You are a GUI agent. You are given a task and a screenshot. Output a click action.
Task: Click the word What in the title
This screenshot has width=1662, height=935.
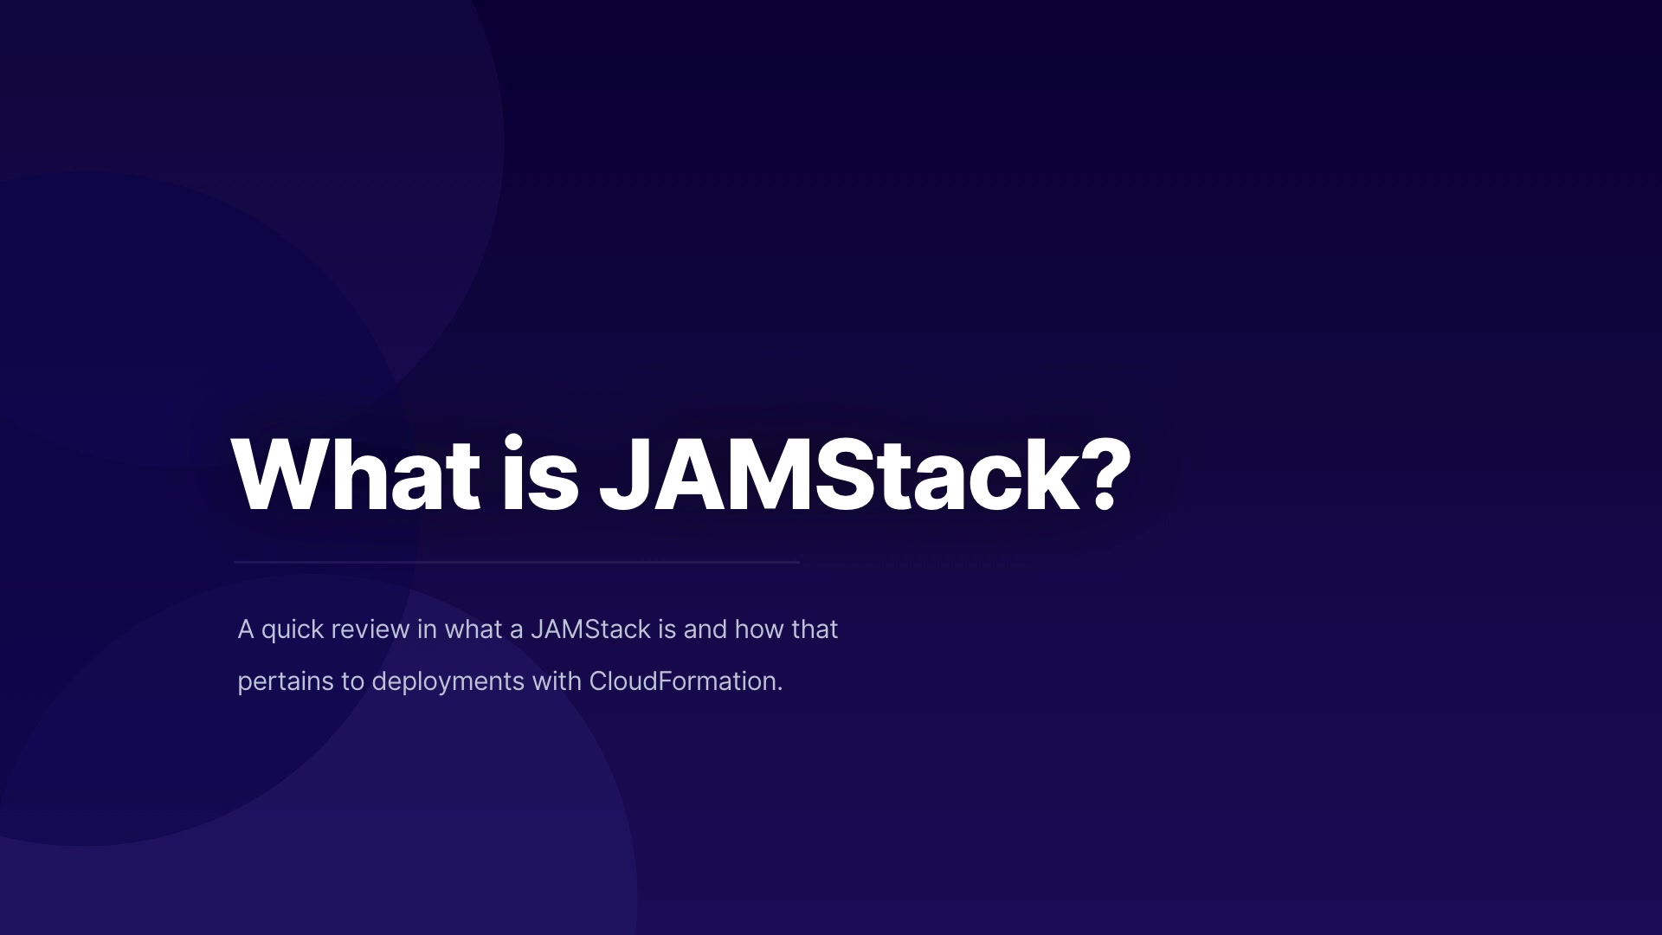coord(356,475)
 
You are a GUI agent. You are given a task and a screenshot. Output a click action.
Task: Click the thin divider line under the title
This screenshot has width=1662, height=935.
coord(517,562)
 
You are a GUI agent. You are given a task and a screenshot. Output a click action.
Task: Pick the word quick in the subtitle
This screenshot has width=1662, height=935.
coord(293,630)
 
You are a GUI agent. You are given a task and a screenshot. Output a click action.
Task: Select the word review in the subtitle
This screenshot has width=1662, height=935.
coord(370,629)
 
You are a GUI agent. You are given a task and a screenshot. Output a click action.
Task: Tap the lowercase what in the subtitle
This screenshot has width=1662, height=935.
coord(473,629)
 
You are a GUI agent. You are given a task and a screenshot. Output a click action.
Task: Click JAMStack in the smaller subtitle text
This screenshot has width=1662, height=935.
coord(590,629)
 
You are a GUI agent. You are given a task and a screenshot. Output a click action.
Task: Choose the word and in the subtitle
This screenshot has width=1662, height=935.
coord(705,629)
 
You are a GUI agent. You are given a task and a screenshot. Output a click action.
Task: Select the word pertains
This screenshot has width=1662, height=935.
coord(286,682)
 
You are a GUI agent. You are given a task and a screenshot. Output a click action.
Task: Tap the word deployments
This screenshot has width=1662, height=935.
coord(448,682)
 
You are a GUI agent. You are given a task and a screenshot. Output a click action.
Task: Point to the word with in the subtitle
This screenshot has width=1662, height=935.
coord(557,681)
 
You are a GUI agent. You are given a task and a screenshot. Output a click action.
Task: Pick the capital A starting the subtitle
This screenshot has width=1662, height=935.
coord(246,629)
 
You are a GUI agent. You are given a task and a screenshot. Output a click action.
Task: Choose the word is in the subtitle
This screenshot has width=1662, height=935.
coord(667,629)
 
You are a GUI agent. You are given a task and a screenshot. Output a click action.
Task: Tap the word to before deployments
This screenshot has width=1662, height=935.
coord(352,682)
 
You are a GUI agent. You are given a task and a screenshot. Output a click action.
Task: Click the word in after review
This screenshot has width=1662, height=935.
coord(427,629)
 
